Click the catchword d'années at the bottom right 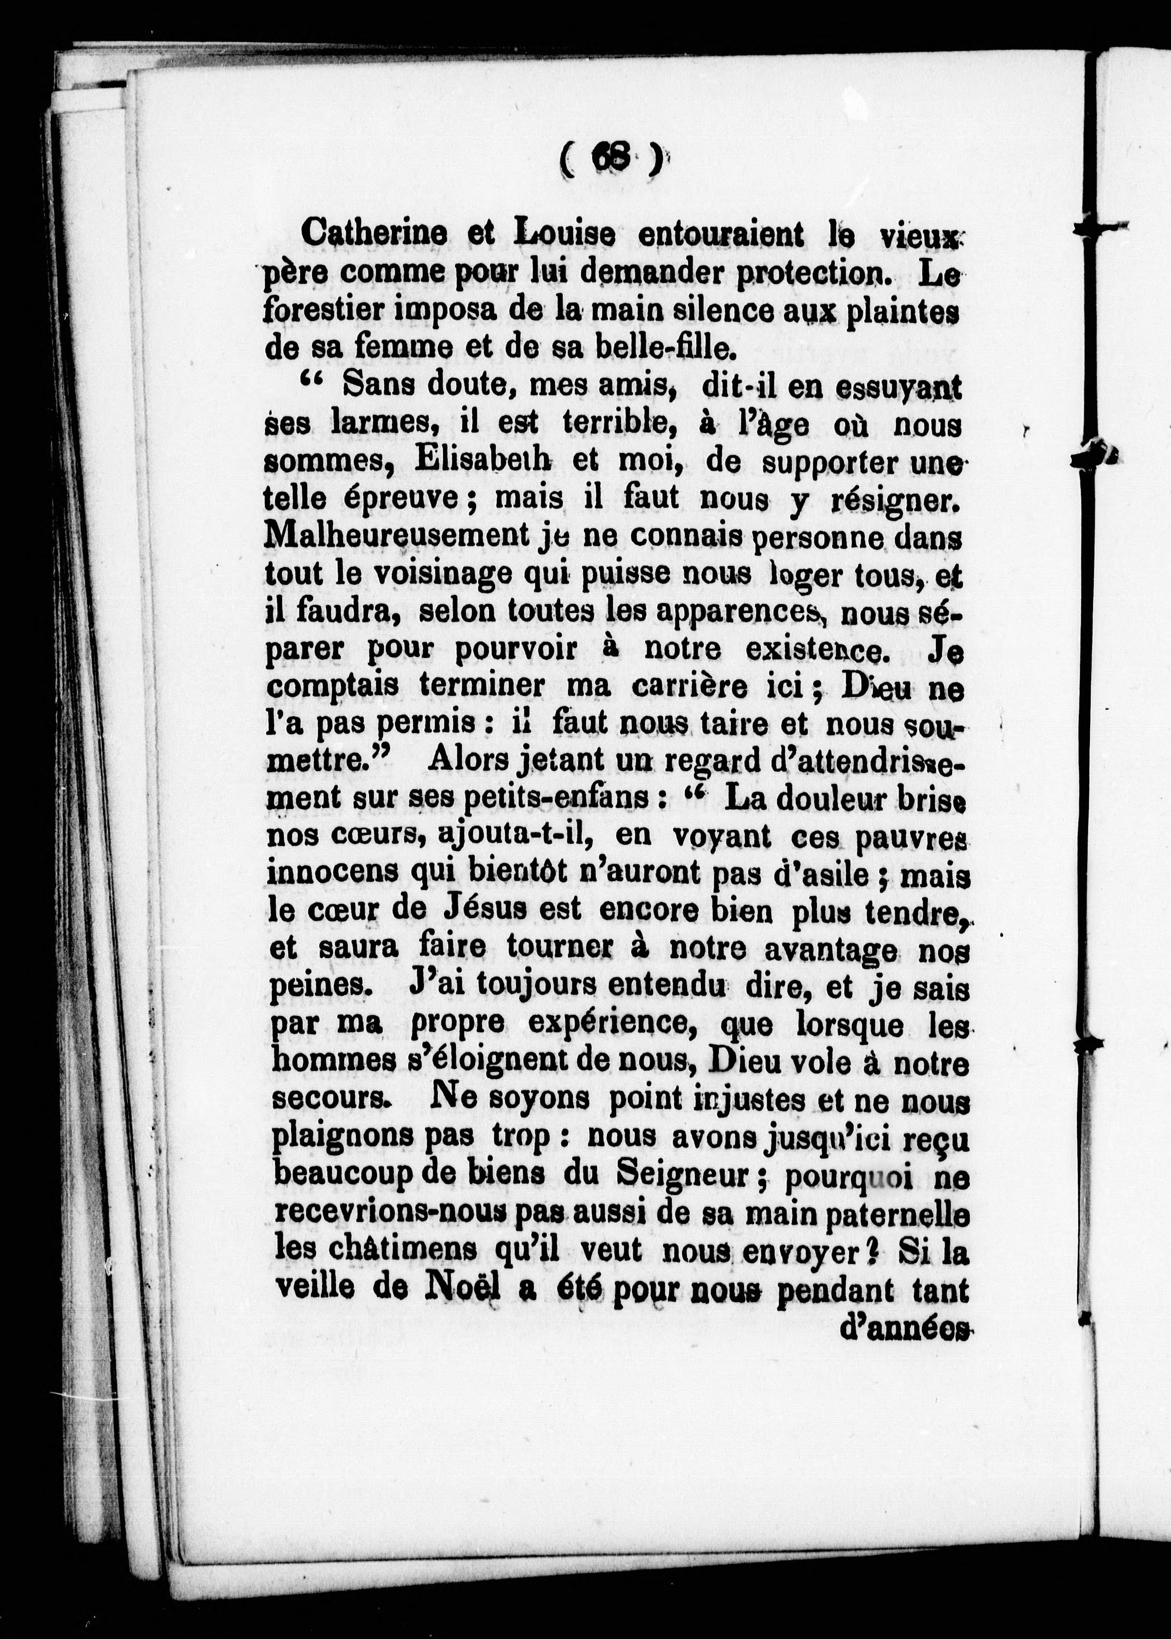pyautogui.click(x=905, y=1328)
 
